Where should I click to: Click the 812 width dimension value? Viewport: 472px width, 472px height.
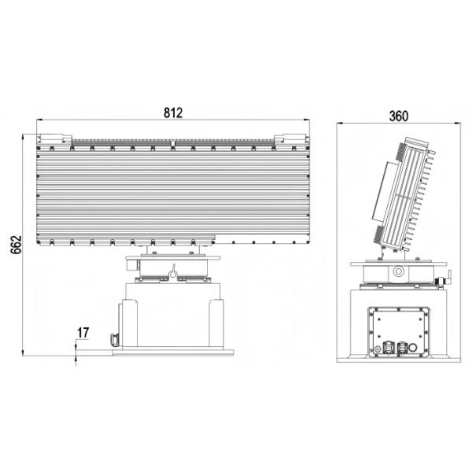(x=173, y=112)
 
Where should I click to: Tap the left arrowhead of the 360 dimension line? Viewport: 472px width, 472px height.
(x=339, y=124)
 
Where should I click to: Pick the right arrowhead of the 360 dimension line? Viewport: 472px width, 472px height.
(x=459, y=124)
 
